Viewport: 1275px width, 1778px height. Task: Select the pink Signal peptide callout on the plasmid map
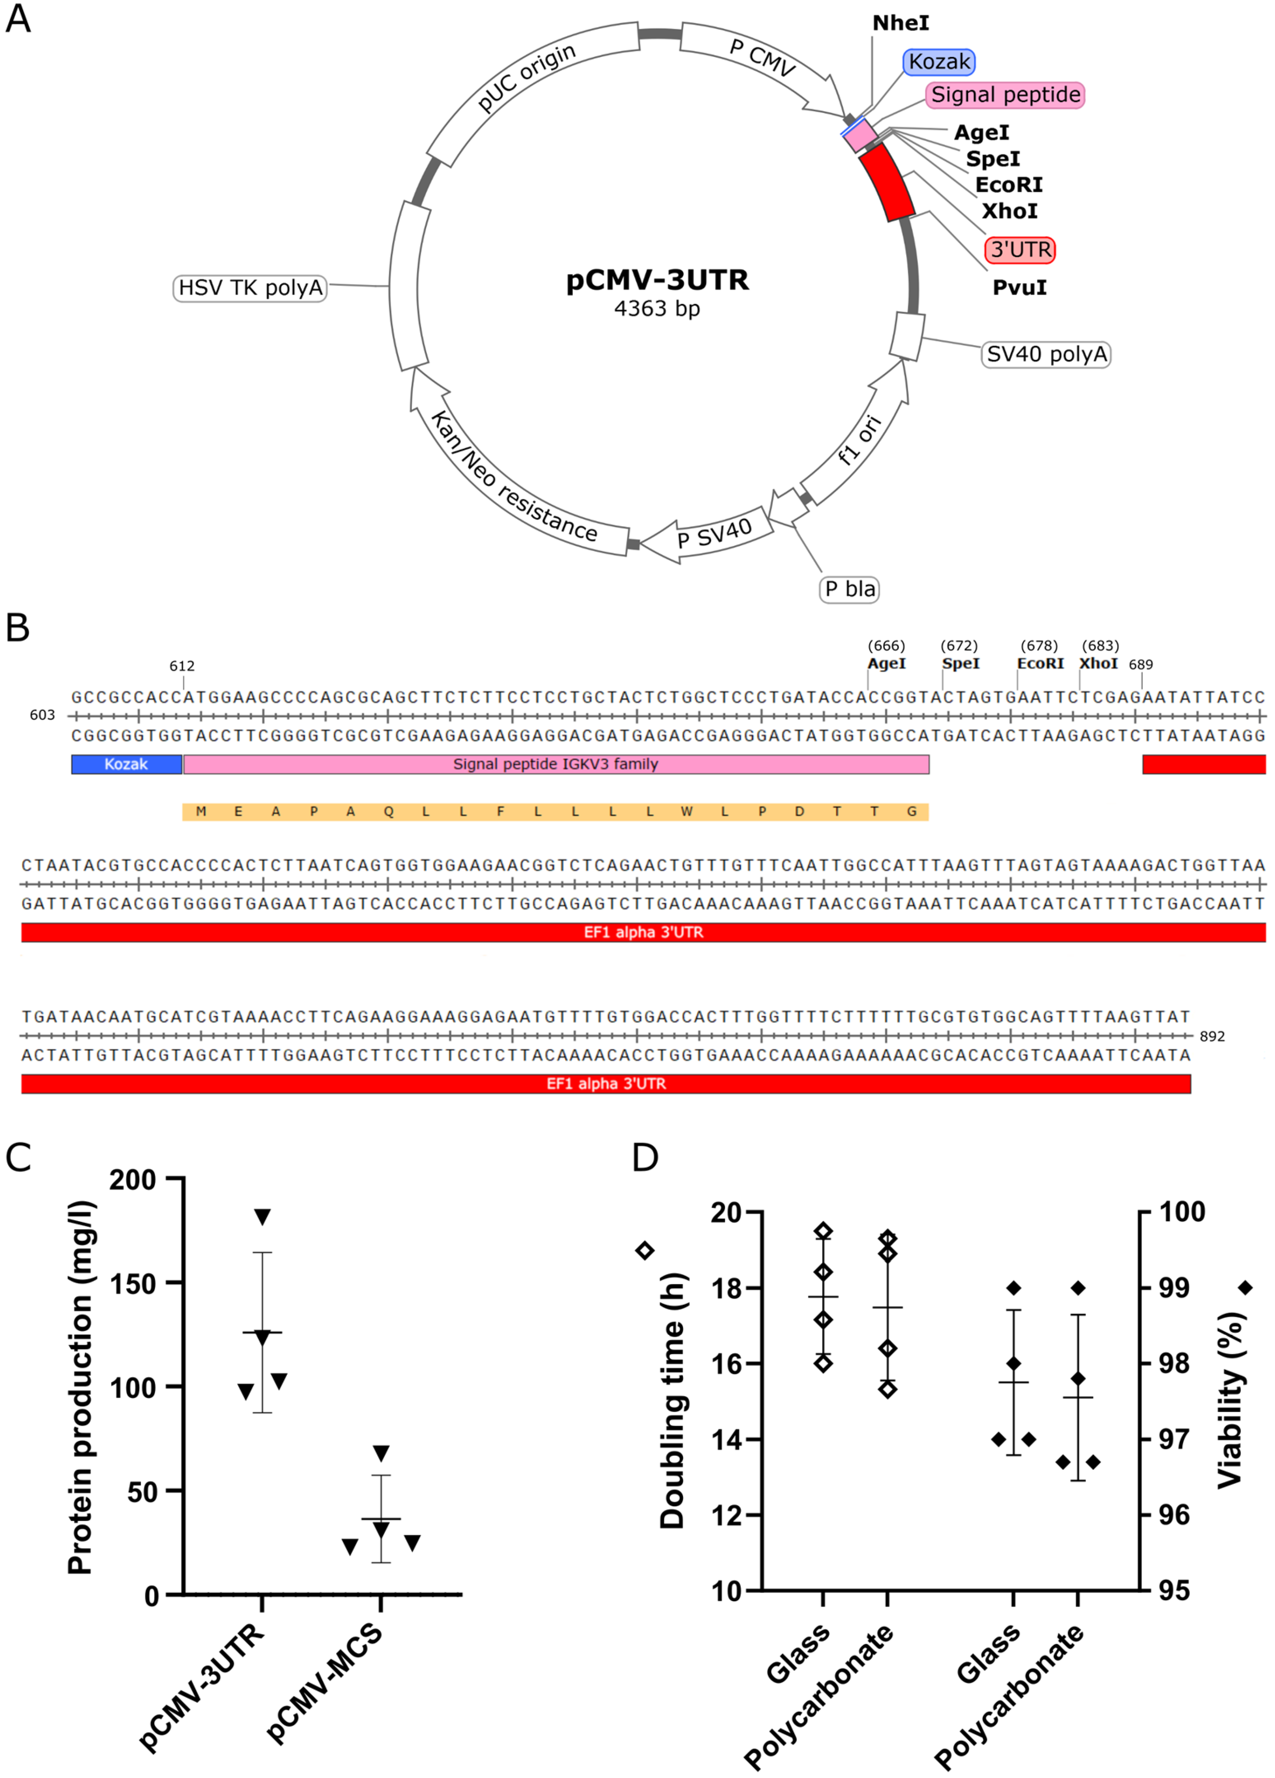pyautogui.click(x=1004, y=95)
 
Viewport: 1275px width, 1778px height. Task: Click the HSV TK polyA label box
pyautogui.click(x=250, y=288)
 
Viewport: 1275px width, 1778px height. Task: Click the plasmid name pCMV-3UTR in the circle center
pyautogui.click(x=657, y=280)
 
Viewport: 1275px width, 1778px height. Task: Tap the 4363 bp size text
pyautogui.click(x=657, y=309)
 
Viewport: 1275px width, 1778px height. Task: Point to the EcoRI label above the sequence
pyautogui.click(x=1040, y=663)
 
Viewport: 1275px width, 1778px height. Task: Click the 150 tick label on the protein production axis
pyautogui.click(x=133, y=1283)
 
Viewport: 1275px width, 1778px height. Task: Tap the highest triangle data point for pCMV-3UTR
pyautogui.click(x=262, y=1217)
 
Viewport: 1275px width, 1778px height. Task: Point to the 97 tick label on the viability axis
pyautogui.click(x=1174, y=1439)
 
